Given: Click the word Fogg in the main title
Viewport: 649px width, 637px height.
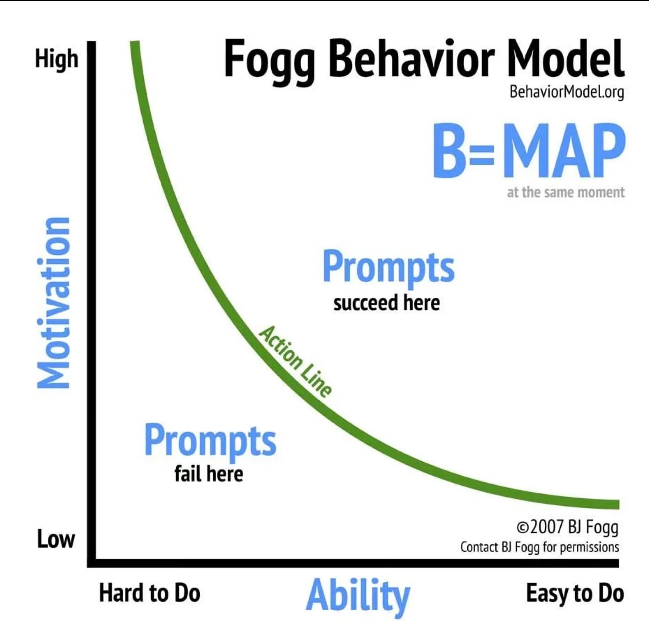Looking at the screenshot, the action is pos(269,61).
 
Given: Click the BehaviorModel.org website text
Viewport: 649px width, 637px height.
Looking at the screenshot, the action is pos(567,92).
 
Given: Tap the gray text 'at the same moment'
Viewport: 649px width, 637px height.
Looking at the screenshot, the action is pos(566,192).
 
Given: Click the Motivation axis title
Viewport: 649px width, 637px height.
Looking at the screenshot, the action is pos(53,303).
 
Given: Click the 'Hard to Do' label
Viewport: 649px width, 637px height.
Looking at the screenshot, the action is pos(150,593).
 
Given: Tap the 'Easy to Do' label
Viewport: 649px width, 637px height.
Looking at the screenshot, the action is pos(575,594).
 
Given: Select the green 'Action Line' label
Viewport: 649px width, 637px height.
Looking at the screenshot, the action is pos(295,361).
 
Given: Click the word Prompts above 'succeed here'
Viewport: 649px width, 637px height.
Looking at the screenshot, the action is pos(388,268).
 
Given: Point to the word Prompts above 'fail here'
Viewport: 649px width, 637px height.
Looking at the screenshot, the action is pos(210,442).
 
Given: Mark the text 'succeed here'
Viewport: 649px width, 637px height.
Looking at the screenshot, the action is pos(386,303).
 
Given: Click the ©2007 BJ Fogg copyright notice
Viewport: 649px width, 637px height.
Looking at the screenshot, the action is pos(567,527).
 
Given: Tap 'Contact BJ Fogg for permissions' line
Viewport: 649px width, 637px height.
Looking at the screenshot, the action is pos(540,547).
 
